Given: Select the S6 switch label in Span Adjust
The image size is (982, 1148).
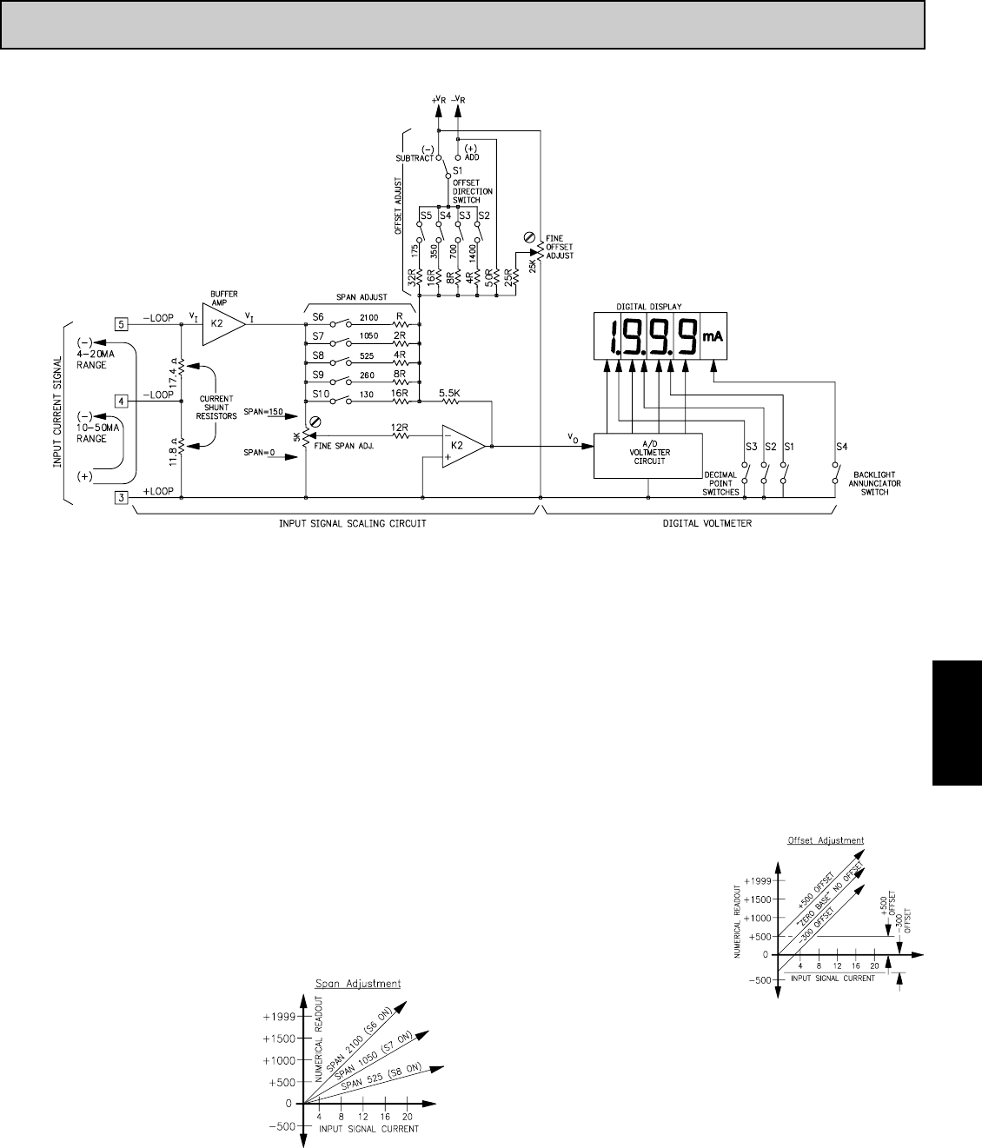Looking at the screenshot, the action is pyautogui.click(x=318, y=317).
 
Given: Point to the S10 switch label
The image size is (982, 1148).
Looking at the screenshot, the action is pyautogui.click(x=321, y=395).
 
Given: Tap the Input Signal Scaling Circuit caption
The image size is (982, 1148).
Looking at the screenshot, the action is pyautogui.click(x=335, y=525).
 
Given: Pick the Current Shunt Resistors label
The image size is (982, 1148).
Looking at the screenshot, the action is pyautogui.click(x=216, y=408).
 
